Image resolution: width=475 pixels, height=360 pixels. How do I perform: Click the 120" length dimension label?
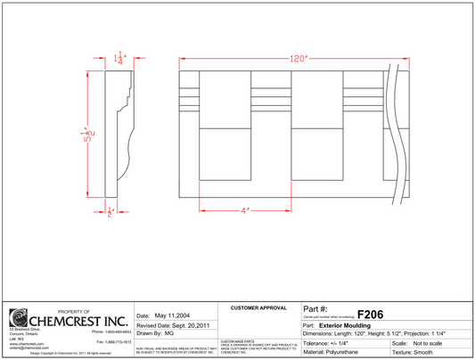(297, 59)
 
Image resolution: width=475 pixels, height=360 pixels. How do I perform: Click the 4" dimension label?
(243, 210)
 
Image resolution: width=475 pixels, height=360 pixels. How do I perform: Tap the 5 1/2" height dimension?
(89, 135)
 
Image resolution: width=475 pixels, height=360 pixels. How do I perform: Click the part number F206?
(371, 314)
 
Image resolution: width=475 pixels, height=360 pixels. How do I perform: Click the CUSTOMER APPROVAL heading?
(258, 307)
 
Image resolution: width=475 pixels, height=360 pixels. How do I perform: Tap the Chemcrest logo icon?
(18, 318)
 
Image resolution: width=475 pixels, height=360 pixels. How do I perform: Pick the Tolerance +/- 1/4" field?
(329, 343)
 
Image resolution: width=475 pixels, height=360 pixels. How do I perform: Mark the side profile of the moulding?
(116, 134)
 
